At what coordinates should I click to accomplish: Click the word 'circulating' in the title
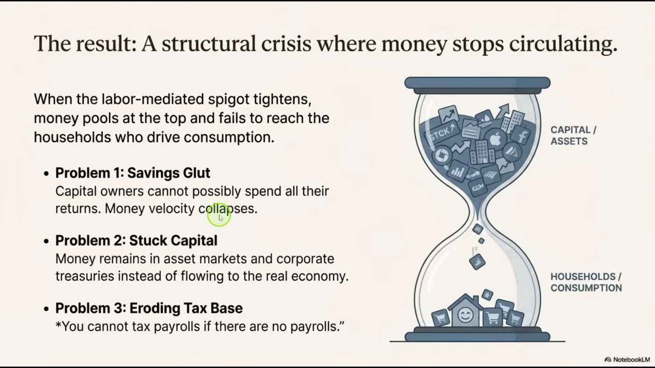point(563,44)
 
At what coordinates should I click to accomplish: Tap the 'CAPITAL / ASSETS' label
point(573,135)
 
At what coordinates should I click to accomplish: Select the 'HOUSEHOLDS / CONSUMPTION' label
point(586,282)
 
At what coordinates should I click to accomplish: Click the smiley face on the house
point(465,315)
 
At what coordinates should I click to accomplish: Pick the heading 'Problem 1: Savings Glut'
point(132,173)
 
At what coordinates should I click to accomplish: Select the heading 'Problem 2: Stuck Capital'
point(136,240)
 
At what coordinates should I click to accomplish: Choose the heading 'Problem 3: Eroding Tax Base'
point(149,308)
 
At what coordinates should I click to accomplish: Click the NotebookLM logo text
point(631,360)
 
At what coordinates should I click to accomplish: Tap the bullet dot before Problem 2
point(46,241)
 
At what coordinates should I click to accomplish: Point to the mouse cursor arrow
point(221,218)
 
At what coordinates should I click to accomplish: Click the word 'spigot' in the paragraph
point(229,100)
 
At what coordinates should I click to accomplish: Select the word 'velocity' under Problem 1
point(172,209)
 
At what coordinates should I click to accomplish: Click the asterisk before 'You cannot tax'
point(58,324)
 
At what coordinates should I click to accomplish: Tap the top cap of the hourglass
point(478,83)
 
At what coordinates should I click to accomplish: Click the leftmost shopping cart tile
point(440,317)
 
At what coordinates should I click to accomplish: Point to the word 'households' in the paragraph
point(72,137)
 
